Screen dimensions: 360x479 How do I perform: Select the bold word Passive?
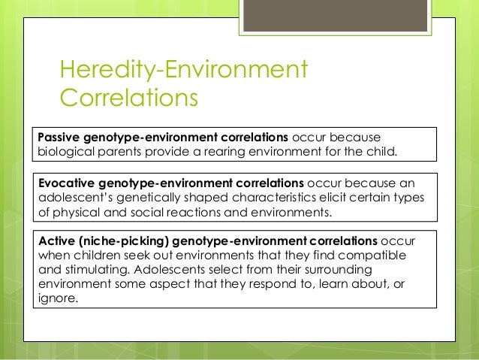click(61, 137)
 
